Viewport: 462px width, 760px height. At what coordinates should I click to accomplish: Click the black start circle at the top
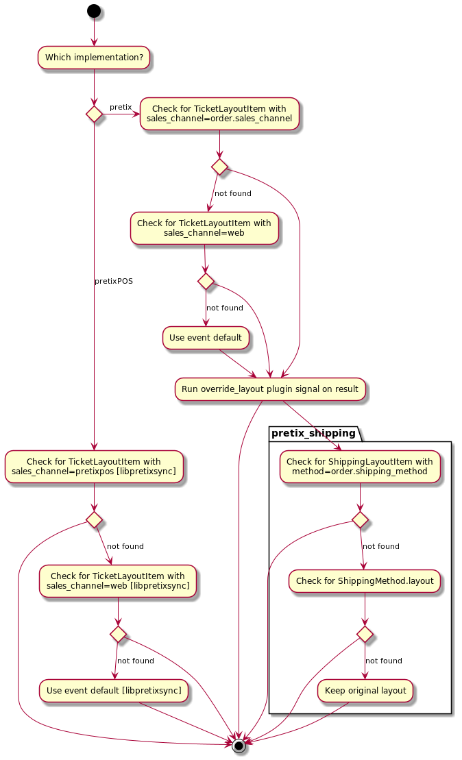coord(94,11)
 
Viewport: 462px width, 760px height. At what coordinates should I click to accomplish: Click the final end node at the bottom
coord(239,746)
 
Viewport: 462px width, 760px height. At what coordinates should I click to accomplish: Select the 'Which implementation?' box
coord(94,58)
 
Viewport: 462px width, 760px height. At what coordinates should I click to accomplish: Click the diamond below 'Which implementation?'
coord(94,114)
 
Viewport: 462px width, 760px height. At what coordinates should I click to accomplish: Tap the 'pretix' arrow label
coord(121,107)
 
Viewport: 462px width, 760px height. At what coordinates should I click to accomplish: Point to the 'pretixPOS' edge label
coord(114,281)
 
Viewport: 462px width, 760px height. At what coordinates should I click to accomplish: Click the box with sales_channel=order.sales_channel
coord(219,114)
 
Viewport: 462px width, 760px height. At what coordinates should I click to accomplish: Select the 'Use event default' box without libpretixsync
coord(206,337)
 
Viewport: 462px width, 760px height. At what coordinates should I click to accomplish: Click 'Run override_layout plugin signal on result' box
coord(270,389)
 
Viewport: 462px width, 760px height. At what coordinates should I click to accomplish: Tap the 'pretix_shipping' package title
coord(314,433)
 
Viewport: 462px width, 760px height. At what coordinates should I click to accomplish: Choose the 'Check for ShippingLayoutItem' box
coord(360,467)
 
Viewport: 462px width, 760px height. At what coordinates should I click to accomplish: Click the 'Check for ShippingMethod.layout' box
coord(365,581)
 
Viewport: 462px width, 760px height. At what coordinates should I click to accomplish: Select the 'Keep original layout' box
coord(365,691)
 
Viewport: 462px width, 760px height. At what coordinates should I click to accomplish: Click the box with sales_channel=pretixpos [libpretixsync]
coord(94,467)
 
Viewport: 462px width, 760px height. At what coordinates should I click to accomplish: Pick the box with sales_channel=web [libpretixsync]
coord(118,581)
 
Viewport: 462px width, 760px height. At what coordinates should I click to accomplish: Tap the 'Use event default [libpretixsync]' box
coord(114,691)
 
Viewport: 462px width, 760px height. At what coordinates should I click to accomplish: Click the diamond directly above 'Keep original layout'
coord(365,635)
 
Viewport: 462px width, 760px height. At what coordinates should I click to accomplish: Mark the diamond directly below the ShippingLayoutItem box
coord(360,519)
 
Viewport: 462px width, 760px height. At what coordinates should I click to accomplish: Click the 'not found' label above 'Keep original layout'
coord(384,661)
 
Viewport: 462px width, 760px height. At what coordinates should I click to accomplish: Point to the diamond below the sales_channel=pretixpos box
coord(94,519)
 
